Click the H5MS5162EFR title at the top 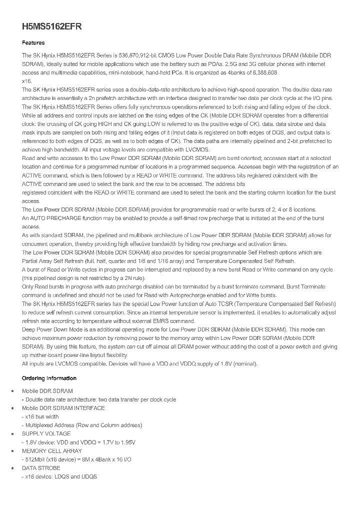(x=51, y=27)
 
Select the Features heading (x=33, y=43)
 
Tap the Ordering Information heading (x=49, y=378)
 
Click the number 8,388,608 (x=261, y=72)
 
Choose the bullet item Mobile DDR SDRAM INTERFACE (x=63, y=408)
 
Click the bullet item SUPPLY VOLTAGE (x=46, y=433)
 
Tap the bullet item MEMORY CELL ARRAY (x=52, y=450)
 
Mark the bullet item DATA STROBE (x=41, y=468)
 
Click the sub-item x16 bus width (x=42, y=416)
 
